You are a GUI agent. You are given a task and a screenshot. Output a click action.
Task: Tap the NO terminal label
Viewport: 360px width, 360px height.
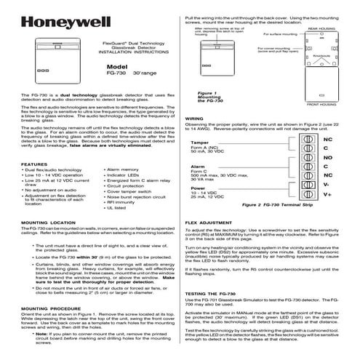[x=327, y=156]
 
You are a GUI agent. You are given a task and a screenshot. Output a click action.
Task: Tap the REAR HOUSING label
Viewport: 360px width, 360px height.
[x=320, y=28]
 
